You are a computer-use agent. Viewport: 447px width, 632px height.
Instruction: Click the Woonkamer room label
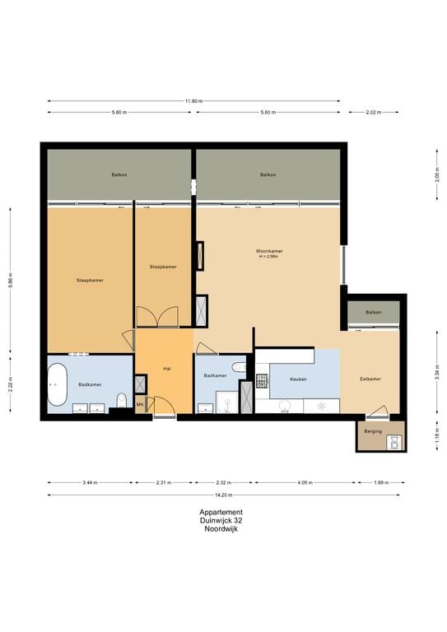(x=270, y=251)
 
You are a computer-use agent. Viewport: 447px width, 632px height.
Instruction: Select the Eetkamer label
(x=370, y=379)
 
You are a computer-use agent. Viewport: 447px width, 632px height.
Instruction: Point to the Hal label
(x=166, y=369)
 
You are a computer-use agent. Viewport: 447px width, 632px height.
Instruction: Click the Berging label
(x=372, y=429)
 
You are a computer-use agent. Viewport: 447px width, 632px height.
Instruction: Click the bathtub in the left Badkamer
(x=57, y=384)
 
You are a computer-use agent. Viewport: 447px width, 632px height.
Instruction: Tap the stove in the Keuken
(x=263, y=380)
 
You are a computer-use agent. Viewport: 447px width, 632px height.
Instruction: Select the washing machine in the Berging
(x=395, y=442)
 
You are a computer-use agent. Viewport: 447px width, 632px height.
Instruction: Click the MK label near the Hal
(x=140, y=404)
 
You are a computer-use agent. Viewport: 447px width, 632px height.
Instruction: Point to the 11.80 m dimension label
(x=193, y=101)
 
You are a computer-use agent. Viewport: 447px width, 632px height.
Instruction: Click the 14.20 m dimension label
(x=224, y=495)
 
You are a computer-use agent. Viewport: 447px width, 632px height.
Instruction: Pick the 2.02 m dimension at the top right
(x=374, y=112)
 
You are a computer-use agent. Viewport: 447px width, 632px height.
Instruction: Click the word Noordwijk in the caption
(x=221, y=529)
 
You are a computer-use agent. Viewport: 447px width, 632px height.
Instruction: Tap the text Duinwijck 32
(x=221, y=521)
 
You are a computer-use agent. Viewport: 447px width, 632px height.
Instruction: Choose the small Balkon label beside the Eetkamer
(x=374, y=312)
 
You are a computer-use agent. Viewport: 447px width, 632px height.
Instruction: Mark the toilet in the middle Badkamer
(x=239, y=368)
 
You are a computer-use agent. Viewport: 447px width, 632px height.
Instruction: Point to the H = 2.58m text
(x=270, y=258)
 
